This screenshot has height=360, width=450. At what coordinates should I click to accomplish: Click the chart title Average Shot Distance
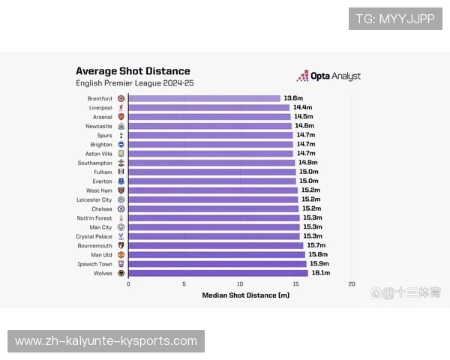coord(133,71)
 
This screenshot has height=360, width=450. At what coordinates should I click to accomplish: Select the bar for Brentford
coord(204,98)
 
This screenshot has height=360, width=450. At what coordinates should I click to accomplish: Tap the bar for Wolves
coord(217,273)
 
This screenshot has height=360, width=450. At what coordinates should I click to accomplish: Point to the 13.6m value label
coord(292,98)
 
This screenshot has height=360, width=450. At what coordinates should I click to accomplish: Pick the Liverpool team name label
coord(100,107)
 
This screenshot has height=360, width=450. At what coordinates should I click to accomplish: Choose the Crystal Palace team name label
coord(94,236)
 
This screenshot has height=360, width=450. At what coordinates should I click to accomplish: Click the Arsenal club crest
coord(121,117)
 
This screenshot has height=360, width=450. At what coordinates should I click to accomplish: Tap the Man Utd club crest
coord(121,255)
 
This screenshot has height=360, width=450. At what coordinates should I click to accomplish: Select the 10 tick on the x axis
coord(240,284)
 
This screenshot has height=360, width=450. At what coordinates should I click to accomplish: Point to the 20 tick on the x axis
coord(352,284)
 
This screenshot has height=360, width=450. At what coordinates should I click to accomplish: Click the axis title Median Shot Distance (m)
coord(245,295)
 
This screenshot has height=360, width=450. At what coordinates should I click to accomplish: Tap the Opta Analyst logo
coord(329,76)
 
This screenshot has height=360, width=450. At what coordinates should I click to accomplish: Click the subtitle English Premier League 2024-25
coord(134,83)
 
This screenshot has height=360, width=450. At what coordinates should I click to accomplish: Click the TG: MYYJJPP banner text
coord(395,19)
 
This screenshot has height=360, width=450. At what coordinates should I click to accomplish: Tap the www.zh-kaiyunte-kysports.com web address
coord(106,341)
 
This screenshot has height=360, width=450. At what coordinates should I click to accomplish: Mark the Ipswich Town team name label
coord(95,264)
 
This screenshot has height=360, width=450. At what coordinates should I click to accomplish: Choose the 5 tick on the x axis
coord(184,284)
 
